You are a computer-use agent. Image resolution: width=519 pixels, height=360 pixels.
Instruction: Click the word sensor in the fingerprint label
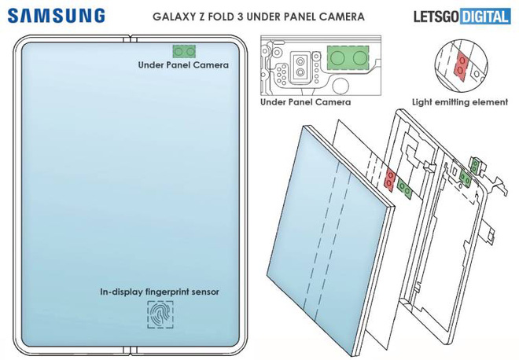click(x=204, y=291)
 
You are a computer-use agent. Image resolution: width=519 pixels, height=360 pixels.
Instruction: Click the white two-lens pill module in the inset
click(x=301, y=67)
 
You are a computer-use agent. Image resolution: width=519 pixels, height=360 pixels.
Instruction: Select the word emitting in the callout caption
click(x=458, y=101)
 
